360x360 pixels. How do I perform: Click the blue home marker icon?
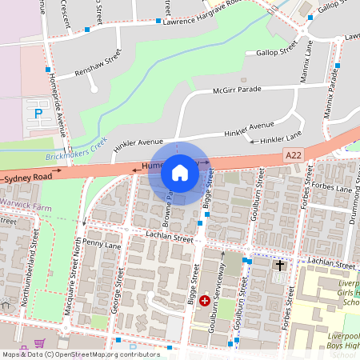pos(180,173)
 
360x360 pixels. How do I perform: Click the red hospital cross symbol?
pos(205,301)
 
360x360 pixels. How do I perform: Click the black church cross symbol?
pos(280,265)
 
